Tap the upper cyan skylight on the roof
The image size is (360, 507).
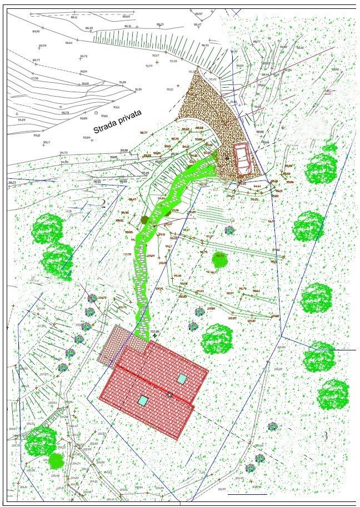(182, 379)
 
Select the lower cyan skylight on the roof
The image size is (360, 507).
(143, 400)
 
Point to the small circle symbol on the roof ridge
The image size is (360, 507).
(169, 394)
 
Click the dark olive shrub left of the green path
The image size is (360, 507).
(146, 220)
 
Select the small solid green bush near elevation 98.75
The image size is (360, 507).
(221, 259)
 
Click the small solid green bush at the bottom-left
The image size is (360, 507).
(57, 460)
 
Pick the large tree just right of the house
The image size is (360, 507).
(216, 339)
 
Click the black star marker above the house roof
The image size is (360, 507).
(154, 335)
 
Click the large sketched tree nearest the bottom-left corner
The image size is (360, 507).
(40, 443)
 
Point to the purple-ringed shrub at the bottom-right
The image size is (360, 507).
(272, 426)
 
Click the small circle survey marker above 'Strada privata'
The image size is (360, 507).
(96, 113)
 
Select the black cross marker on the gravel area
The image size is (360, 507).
(227, 158)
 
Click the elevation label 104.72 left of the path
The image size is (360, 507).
(102, 298)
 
